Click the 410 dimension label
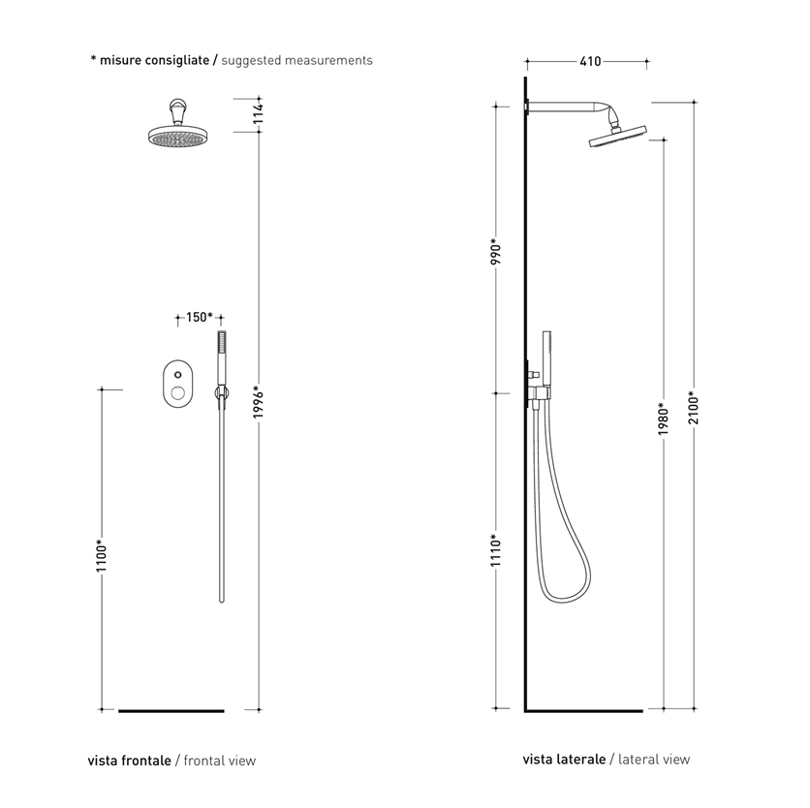[x=590, y=61]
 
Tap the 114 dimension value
[x=259, y=113]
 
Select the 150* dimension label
[x=200, y=317]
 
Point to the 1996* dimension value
[x=259, y=402]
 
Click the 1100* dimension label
[x=101, y=555]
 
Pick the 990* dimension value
[x=496, y=251]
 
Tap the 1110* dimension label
[x=496, y=550]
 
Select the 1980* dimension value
[x=664, y=419]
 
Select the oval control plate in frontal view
[x=177, y=384]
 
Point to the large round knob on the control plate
[x=177, y=393]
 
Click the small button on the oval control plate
[x=177, y=374]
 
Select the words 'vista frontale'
[x=129, y=761]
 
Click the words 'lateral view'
[x=654, y=759]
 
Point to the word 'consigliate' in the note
[x=177, y=60]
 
